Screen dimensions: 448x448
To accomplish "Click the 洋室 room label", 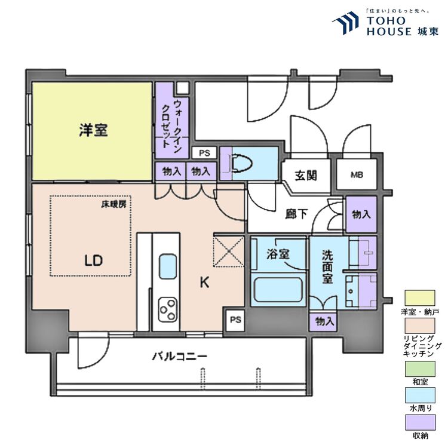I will [x=93, y=131].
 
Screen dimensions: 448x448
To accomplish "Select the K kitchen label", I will [x=204, y=283].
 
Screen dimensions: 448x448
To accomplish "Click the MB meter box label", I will [x=357, y=175].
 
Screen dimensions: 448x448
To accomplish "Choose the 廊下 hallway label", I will [x=296, y=214].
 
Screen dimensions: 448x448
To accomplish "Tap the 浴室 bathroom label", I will [x=278, y=254].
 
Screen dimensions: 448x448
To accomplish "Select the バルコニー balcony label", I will [x=179, y=357].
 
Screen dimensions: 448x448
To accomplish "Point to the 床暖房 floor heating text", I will [x=113, y=204].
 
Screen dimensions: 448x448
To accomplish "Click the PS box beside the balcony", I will [x=235, y=320].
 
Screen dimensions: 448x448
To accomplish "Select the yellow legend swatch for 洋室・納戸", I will [x=420, y=298].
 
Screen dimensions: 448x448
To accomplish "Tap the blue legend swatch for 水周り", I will [x=420, y=395].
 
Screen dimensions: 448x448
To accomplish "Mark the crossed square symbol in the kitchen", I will [x=228, y=251].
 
